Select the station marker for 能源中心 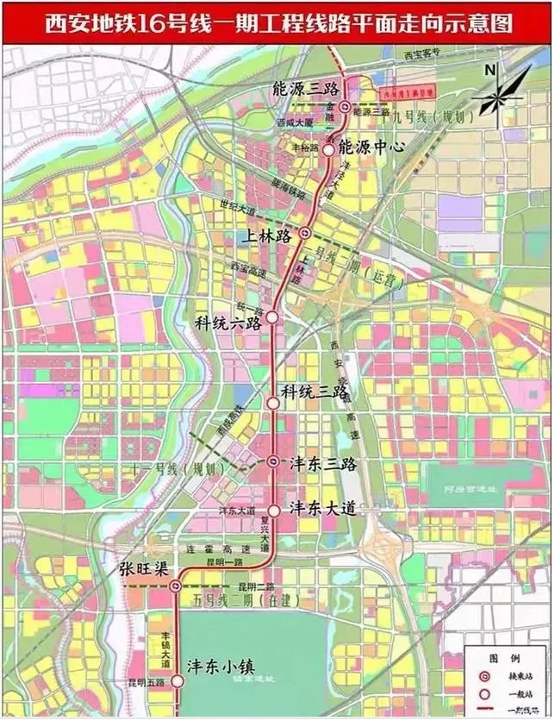coord(328,148)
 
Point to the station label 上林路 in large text coord(271,235)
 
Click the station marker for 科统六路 coord(271,317)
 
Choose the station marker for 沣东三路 coord(273,462)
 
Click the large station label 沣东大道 coord(322,508)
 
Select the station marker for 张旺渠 coord(176,586)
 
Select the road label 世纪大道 coord(240,208)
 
